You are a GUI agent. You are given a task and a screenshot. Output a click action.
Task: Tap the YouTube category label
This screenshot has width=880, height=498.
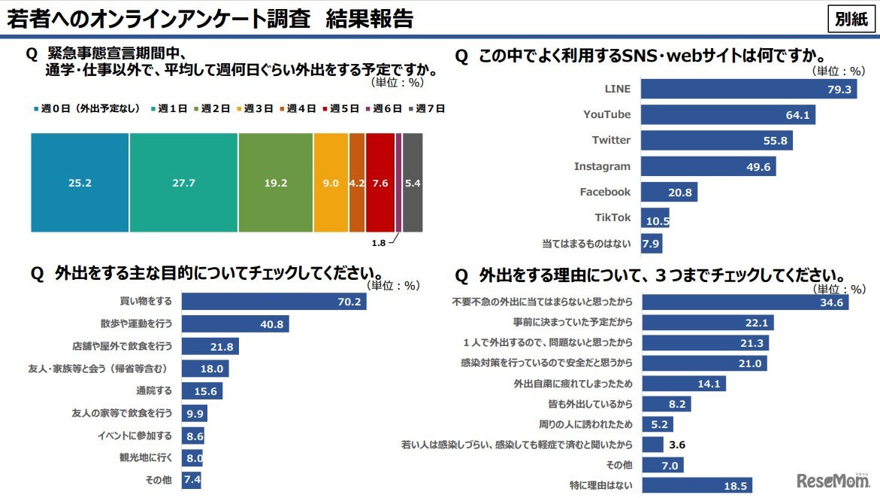[606, 114]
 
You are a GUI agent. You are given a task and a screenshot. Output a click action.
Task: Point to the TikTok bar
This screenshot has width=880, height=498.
[655, 218]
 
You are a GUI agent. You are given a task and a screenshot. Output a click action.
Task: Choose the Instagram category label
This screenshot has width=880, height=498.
[602, 166]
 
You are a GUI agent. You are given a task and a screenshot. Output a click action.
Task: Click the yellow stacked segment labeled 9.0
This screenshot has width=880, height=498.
[331, 181]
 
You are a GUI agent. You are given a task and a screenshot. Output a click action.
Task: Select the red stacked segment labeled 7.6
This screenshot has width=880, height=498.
[380, 181]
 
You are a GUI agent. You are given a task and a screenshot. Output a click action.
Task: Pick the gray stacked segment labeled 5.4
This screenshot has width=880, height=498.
[413, 181]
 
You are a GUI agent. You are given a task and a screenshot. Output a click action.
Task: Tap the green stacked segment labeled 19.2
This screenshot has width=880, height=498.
[275, 181]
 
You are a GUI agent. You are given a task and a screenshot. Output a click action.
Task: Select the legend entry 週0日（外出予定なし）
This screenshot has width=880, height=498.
[87, 108]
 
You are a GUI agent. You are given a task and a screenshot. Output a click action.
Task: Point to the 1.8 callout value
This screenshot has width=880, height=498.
[379, 243]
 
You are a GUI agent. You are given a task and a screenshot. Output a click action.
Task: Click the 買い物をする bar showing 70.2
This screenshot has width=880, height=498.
[274, 302]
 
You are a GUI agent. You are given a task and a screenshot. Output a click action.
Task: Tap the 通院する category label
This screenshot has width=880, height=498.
[154, 390]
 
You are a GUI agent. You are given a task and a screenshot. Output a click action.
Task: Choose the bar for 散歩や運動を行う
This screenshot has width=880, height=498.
[235, 324]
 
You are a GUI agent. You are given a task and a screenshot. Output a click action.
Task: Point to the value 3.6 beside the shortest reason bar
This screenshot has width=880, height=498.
[676, 445]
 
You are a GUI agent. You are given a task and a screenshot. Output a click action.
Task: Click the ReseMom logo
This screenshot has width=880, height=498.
[833, 480]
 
